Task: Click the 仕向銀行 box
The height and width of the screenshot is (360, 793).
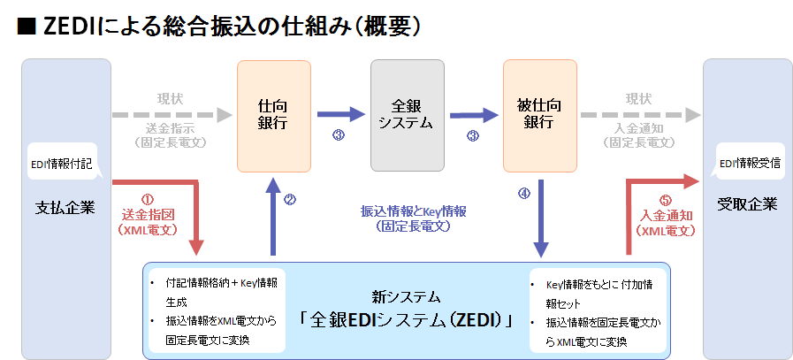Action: (273, 115)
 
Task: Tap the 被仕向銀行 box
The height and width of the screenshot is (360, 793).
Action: (538, 115)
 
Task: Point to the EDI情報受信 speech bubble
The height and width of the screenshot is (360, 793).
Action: (748, 165)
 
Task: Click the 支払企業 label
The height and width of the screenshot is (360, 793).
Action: (66, 206)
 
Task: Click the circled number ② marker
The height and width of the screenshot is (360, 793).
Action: (289, 199)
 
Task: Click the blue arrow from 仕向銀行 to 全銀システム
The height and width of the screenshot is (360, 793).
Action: (340, 114)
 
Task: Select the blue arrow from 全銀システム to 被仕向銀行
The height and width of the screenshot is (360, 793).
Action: (473, 114)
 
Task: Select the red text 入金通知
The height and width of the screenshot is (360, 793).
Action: (666, 215)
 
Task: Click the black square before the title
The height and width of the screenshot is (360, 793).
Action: (26, 27)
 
